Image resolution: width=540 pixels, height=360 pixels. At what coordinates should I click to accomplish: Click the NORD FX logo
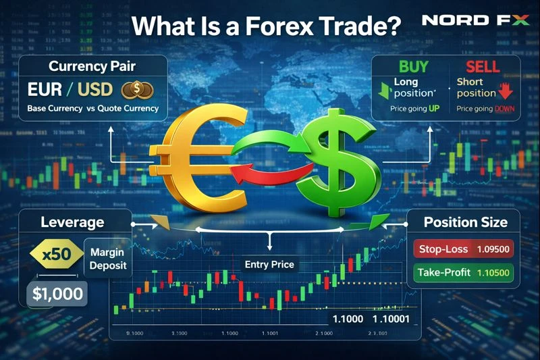475,20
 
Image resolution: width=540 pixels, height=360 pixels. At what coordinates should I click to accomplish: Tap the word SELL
483,66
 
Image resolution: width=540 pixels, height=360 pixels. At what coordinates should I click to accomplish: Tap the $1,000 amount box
58,294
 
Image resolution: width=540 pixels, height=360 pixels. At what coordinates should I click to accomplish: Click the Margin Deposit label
108,259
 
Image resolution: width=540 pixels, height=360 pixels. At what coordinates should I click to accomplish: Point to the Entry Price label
269,263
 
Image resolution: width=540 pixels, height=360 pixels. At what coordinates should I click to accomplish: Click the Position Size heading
465,222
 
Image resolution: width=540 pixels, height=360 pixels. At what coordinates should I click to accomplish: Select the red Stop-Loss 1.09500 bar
462,249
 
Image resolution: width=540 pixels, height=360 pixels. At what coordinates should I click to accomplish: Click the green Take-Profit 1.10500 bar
462,274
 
